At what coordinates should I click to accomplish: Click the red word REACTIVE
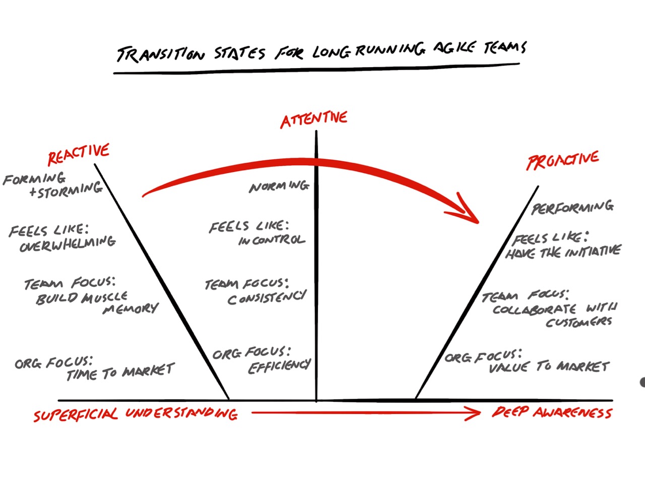pyautogui.click(x=79, y=154)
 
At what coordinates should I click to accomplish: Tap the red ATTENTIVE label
pyautogui.click(x=314, y=119)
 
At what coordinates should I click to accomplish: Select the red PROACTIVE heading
pyautogui.click(x=562, y=160)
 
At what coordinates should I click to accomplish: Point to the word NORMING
pyautogui.click(x=279, y=187)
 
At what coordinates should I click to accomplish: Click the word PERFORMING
pyautogui.click(x=572, y=207)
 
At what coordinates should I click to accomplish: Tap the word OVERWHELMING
pyautogui.click(x=68, y=244)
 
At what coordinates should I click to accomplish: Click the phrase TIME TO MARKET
pyautogui.click(x=120, y=372)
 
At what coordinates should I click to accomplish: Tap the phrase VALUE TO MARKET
pyautogui.click(x=549, y=367)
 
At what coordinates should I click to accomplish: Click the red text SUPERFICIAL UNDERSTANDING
pyautogui.click(x=135, y=414)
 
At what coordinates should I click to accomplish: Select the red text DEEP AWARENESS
pyautogui.click(x=552, y=413)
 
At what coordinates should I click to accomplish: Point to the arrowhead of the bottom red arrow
pyautogui.click(x=474, y=413)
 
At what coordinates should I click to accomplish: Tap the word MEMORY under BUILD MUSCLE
pyautogui.click(x=131, y=309)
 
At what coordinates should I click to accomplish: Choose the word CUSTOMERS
pyautogui.click(x=578, y=322)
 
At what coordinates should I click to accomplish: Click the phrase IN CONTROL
pyautogui.click(x=272, y=240)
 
